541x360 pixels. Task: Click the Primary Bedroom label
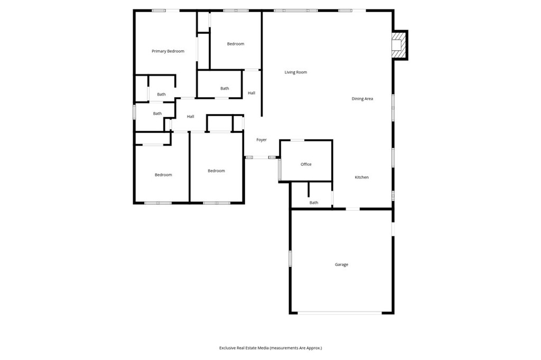pyautogui.click(x=168, y=51)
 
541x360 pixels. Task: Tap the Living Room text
pyautogui.click(x=295, y=72)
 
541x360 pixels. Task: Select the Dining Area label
pyautogui.click(x=362, y=99)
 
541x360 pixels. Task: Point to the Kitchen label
pyautogui.click(x=361, y=177)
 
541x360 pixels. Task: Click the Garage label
pyautogui.click(x=341, y=264)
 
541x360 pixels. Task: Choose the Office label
pyautogui.click(x=306, y=164)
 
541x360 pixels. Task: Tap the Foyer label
pyautogui.click(x=262, y=140)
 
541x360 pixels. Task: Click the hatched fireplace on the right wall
pyautogui.click(x=398, y=45)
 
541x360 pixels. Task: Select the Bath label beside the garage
pyautogui.click(x=314, y=203)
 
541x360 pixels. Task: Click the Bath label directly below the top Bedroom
pyautogui.click(x=225, y=89)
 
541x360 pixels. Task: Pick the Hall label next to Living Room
pyautogui.click(x=251, y=93)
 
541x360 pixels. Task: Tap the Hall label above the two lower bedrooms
pyautogui.click(x=190, y=117)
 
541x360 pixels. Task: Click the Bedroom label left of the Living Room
pyautogui.click(x=236, y=44)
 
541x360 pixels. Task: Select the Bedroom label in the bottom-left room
pyautogui.click(x=163, y=175)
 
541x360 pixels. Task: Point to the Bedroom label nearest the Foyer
pyautogui.click(x=216, y=170)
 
